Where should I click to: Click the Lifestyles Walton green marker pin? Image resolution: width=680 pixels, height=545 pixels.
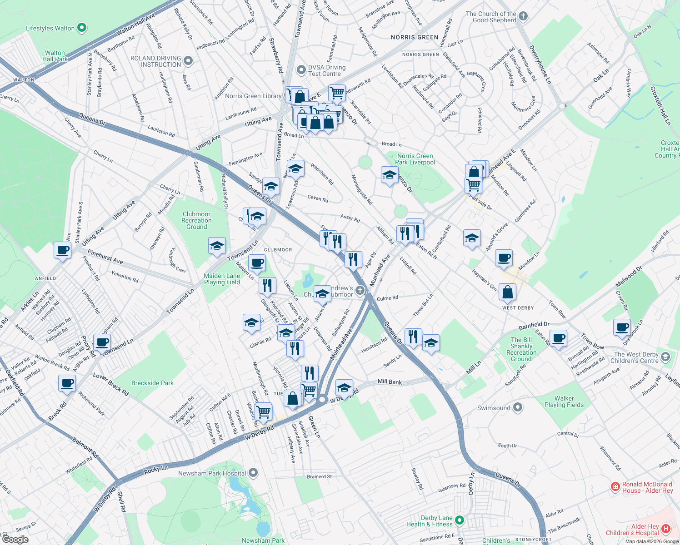pos(82,28)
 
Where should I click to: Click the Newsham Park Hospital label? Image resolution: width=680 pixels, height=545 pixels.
pos(212,473)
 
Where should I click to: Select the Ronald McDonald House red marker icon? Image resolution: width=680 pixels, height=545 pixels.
pos(615,487)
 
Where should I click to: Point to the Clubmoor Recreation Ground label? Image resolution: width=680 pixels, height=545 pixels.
pos(196,220)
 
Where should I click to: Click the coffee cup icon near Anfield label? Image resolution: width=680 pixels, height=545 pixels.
pos(62,250)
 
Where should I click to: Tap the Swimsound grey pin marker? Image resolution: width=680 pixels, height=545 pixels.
pos(518,407)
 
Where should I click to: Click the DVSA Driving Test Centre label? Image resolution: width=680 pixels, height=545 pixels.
pos(326,70)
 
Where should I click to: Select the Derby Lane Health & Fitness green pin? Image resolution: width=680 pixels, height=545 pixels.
pos(460,520)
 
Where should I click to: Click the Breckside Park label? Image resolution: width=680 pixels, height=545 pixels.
pos(152,383)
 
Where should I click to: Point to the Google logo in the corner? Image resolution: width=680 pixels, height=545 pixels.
pos(15,540)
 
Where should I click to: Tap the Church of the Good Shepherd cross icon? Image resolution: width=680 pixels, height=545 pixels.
pos(523,16)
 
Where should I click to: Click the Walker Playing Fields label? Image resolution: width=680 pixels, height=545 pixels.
pos(564,401)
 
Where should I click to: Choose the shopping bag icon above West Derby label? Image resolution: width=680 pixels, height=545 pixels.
pos(507,292)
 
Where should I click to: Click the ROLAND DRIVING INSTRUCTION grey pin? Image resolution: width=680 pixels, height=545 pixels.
pos(189,61)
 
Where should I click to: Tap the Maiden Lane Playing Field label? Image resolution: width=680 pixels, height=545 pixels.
pos(222,279)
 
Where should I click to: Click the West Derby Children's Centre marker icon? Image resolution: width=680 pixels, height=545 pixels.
pos(666,357)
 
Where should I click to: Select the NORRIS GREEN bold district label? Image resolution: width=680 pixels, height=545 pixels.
pos(415,37)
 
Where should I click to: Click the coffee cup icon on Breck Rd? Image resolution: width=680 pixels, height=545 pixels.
pos(67,383)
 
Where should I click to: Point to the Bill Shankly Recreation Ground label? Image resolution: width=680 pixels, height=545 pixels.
pos(521,349)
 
